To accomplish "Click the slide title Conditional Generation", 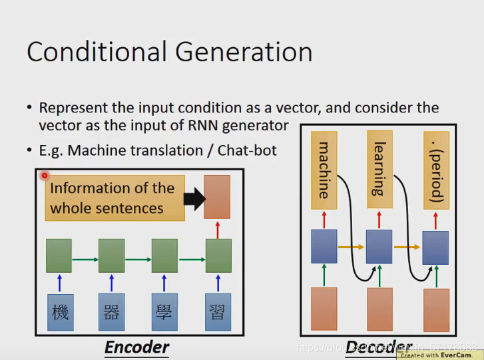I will [x=169, y=52].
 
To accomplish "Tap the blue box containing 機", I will [x=60, y=312].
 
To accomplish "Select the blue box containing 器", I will [x=111, y=312].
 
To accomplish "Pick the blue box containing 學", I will [x=164, y=312].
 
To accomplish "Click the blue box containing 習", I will [x=218, y=312].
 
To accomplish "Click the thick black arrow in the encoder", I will [x=194, y=198].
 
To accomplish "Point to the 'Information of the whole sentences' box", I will [x=115, y=198].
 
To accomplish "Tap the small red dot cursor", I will [x=45, y=176].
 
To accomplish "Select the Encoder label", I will [x=136, y=347].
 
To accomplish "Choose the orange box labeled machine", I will [x=324, y=170].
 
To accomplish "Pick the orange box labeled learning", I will [x=379, y=170].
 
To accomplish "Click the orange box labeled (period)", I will [x=436, y=170].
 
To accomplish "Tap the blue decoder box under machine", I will [x=324, y=246].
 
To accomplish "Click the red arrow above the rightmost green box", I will [x=218, y=230].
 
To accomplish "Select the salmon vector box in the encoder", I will [x=217, y=197].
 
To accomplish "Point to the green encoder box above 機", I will [x=59, y=256].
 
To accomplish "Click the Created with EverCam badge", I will [x=439, y=355].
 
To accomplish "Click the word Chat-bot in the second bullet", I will [x=250, y=150].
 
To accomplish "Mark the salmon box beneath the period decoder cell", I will [x=436, y=310].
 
